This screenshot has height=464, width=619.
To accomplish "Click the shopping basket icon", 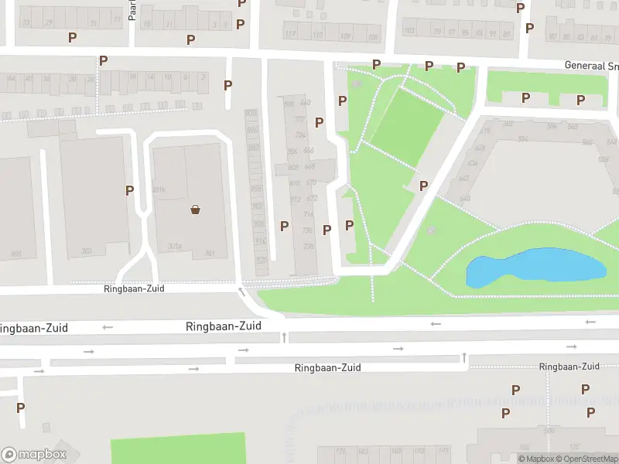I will (196, 209).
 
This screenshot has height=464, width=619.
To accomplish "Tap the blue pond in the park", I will (534, 268).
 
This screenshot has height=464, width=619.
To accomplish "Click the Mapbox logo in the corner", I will (33, 455).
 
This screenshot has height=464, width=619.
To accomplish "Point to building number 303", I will (87, 251).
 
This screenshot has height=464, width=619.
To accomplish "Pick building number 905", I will (15, 254).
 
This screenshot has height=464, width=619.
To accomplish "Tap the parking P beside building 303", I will (129, 190).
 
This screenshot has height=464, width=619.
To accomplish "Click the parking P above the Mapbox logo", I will (20, 408).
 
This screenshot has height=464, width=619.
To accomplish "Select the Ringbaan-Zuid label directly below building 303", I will (134, 288).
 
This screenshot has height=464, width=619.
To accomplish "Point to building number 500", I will (550, 431).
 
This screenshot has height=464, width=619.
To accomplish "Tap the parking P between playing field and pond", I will (423, 186).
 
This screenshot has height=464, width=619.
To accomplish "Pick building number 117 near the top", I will (291, 35).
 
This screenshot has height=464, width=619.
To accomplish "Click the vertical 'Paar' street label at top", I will (132, 11).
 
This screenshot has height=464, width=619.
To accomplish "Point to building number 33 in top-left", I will (26, 22).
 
